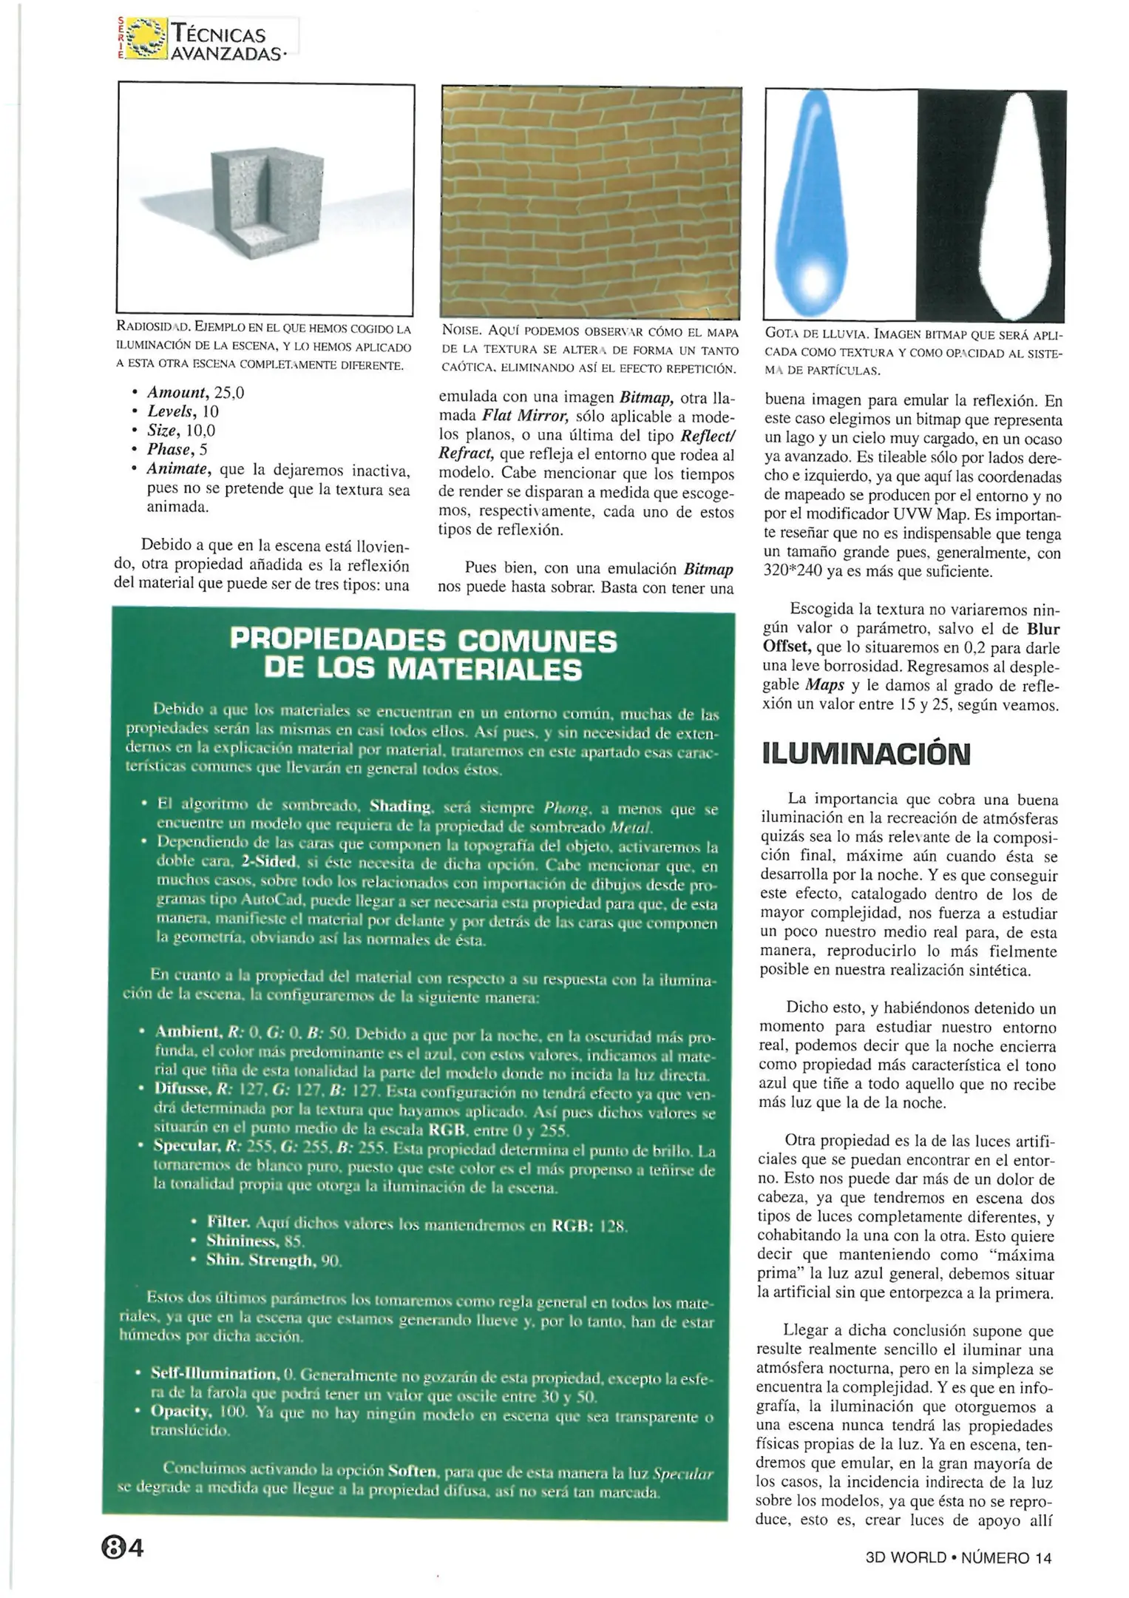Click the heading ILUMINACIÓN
[864, 754]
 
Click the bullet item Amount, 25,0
[195, 393]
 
